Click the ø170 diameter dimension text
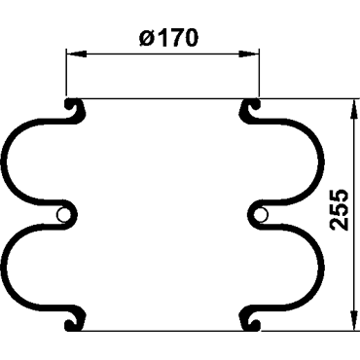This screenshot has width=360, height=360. [168, 38]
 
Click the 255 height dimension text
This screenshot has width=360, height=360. [340, 210]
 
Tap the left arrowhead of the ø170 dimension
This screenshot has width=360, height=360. [76, 54]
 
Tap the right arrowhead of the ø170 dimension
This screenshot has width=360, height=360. [249, 54]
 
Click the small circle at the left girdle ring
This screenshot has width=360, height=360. [63, 215]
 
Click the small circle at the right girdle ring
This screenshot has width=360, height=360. [261, 215]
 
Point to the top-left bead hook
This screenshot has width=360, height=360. [76, 110]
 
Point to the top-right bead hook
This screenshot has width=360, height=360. [249, 110]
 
